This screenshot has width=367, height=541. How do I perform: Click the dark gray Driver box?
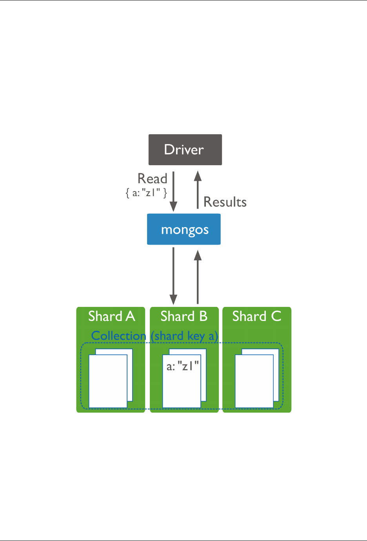tap(185, 150)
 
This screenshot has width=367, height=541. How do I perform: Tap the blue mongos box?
tap(184, 229)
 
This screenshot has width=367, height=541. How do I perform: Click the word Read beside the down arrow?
tap(152, 179)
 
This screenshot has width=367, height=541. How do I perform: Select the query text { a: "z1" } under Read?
tap(146, 192)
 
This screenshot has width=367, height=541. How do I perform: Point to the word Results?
tap(225, 202)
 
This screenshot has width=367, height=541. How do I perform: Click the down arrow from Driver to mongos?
tap(173, 192)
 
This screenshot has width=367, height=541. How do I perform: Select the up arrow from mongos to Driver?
tap(198, 190)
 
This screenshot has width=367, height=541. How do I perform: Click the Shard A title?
tap(111, 316)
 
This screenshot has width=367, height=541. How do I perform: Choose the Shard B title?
tap(184, 316)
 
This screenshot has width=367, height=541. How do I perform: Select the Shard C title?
tap(257, 316)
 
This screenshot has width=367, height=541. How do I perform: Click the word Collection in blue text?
tap(118, 336)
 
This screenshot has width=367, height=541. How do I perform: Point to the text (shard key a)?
tap(184, 336)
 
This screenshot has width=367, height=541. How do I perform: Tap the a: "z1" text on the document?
tap(183, 366)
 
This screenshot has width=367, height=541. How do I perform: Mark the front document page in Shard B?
tap(182, 388)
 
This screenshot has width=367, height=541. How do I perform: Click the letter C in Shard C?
tap(276, 316)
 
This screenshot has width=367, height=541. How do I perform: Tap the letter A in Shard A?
tap(130, 316)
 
